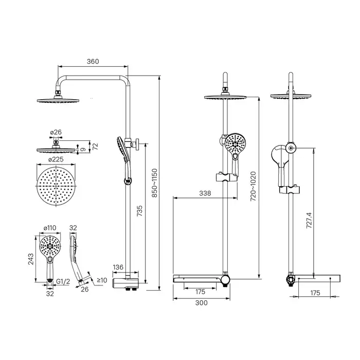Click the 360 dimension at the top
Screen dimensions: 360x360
(x=93, y=62)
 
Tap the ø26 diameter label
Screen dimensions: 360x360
(x=56, y=132)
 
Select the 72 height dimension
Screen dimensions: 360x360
(x=95, y=146)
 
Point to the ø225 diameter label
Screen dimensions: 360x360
(x=56, y=159)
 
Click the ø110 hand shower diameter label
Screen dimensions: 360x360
(x=50, y=228)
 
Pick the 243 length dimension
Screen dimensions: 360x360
(x=31, y=259)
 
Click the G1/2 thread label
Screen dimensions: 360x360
(x=63, y=281)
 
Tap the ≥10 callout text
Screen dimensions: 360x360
(x=102, y=280)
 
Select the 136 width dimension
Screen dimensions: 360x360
(x=118, y=267)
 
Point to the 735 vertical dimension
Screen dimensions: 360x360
(x=139, y=211)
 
